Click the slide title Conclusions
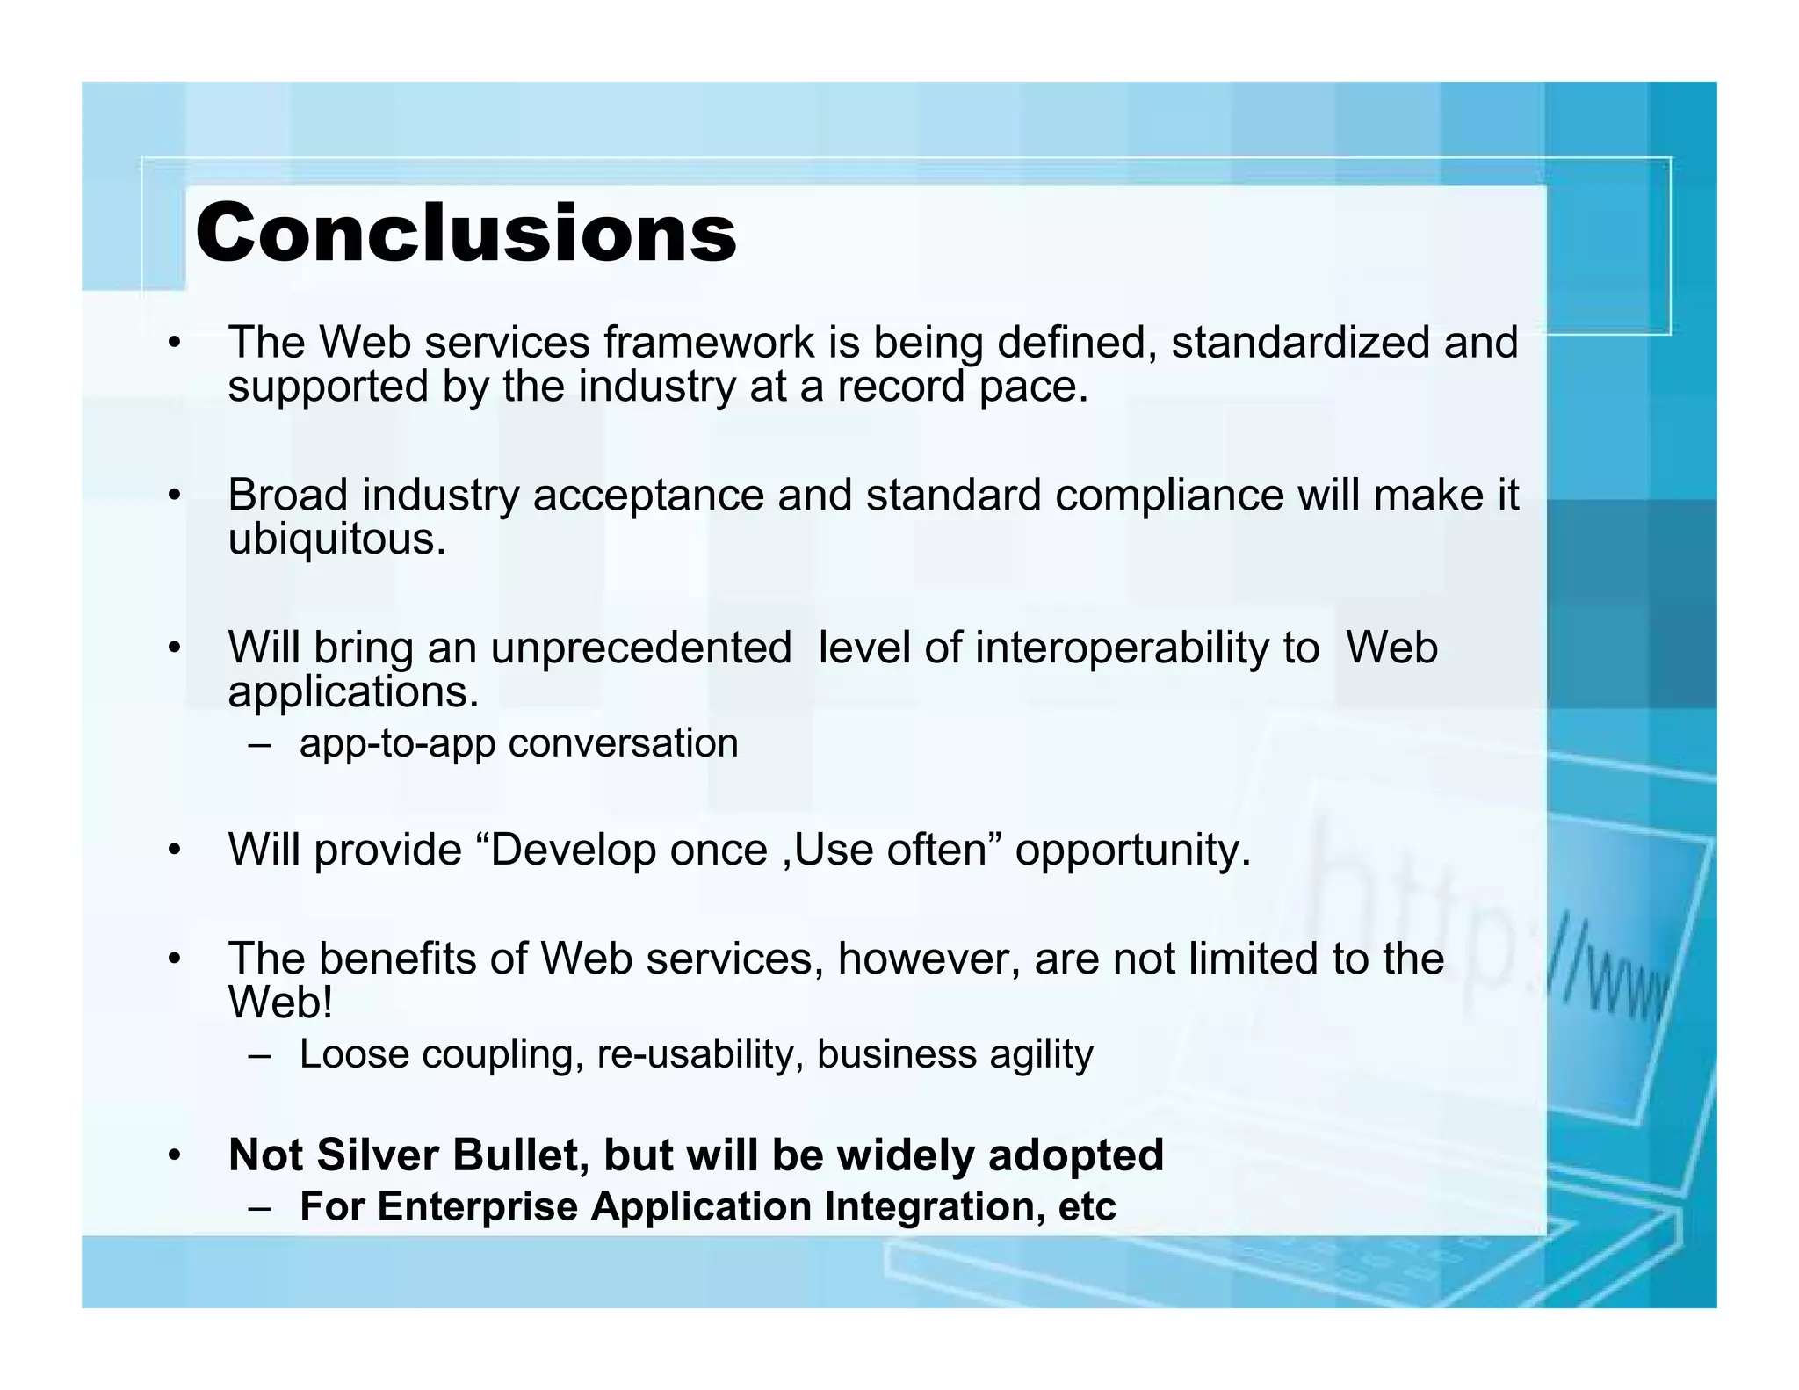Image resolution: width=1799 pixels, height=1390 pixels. pyautogui.click(x=466, y=233)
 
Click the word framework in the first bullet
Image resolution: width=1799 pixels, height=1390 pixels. pyautogui.click(x=708, y=342)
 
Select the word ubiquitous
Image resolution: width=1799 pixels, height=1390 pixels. pyautogui.click(x=336, y=539)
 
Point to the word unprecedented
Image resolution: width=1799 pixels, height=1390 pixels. pyautogui.click(x=640, y=648)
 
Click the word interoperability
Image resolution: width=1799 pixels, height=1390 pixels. pyautogui.click(x=1146, y=648)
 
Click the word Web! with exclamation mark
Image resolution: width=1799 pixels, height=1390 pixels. pyautogui.click(x=280, y=1002)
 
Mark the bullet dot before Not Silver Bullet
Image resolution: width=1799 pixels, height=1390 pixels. pyautogui.click(x=175, y=1155)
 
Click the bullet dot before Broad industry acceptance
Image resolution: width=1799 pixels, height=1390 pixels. pyautogui.click(x=175, y=496)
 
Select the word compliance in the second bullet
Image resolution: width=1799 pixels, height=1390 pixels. pyautogui.click(x=1169, y=496)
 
